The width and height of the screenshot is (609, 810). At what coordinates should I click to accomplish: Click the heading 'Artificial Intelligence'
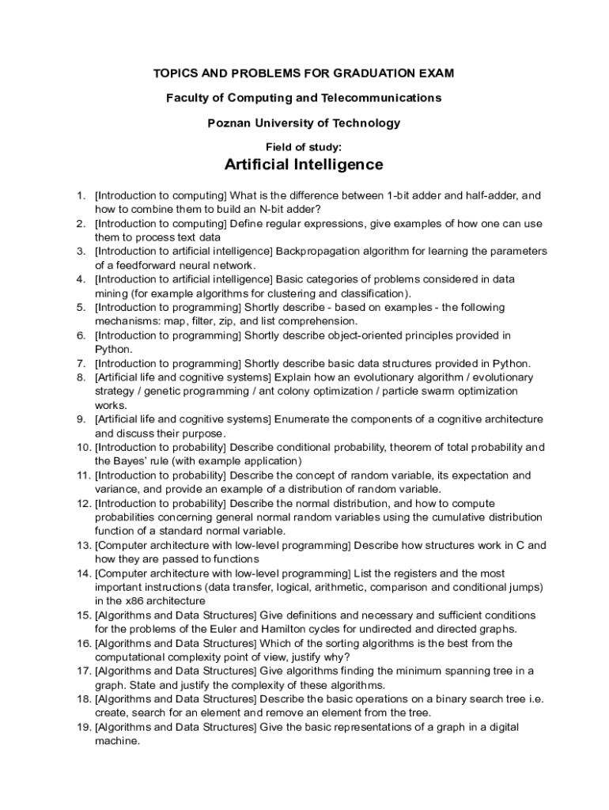(304, 165)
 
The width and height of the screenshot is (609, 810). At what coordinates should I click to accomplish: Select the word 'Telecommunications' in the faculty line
(380, 98)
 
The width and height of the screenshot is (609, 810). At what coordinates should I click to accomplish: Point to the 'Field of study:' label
(304, 146)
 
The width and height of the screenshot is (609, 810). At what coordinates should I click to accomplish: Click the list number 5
(81, 307)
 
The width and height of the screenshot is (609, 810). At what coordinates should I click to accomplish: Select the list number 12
(83, 503)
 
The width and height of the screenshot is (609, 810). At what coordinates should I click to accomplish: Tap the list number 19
(83, 727)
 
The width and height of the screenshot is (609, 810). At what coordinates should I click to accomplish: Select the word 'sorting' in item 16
(357, 643)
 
